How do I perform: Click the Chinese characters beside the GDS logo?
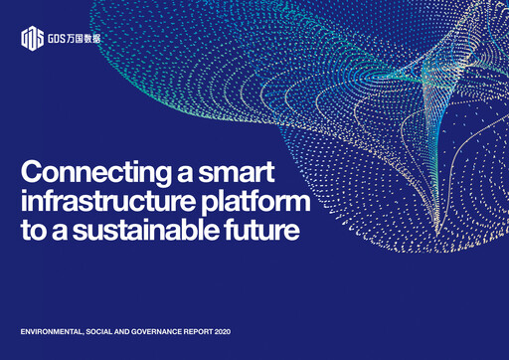[x=84, y=40]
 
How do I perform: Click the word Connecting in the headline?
[x=91, y=170]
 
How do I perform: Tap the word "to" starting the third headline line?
[x=31, y=233]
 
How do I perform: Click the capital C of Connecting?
[x=29, y=170]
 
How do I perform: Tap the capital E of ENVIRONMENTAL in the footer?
[x=24, y=329]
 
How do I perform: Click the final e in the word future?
[x=291, y=234]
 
